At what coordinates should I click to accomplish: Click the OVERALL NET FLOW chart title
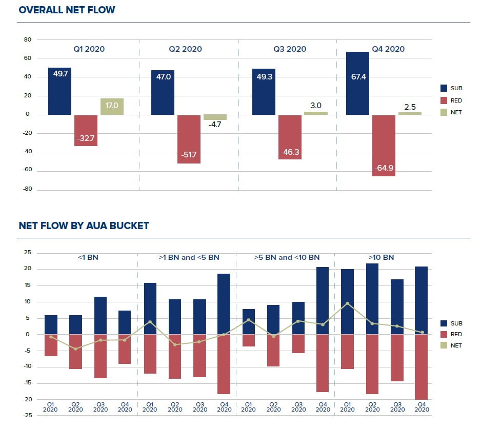[67, 10]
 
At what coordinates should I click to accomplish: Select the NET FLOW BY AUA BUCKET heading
[84, 226]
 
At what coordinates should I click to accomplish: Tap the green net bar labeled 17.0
[112, 107]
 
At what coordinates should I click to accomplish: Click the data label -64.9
[384, 167]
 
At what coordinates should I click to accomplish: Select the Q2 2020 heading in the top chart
[185, 49]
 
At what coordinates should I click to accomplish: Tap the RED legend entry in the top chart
[456, 100]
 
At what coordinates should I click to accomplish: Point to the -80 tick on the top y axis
[28, 189]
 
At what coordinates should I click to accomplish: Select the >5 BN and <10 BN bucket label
[287, 257]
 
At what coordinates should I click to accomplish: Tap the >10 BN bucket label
[381, 257]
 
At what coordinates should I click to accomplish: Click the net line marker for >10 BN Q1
[347, 303]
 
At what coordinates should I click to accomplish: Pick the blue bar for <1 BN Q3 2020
[100, 315]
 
